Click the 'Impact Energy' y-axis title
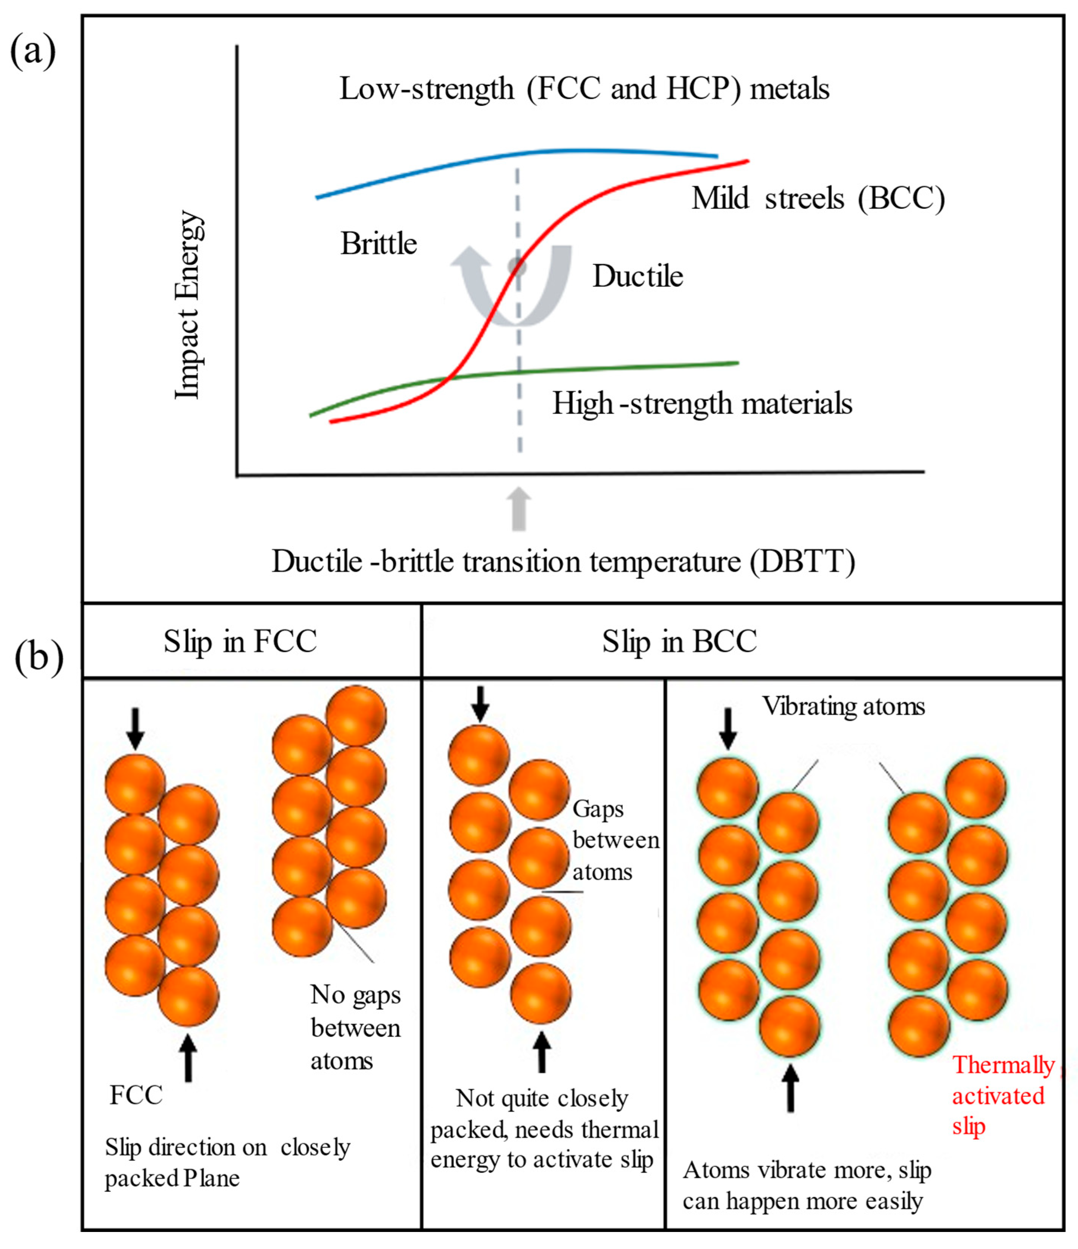(188, 305)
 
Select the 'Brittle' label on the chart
(379, 244)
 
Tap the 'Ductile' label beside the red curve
(637, 277)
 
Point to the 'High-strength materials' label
(702, 404)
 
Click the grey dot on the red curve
(517, 266)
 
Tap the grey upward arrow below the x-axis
(519, 509)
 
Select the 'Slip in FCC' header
(240, 641)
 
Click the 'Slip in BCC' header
(679, 641)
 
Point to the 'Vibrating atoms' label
(843, 706)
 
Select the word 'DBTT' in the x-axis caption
(802, 562)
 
